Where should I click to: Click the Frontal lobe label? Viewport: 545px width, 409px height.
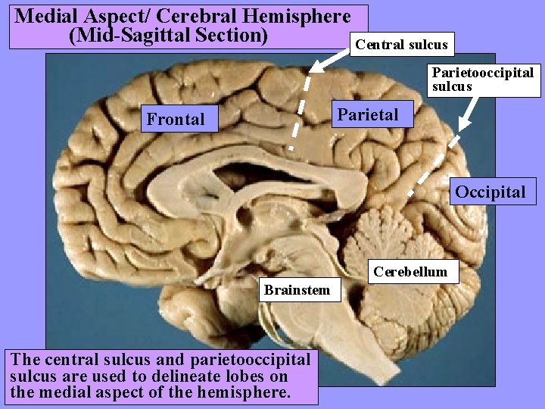[x=176, y=119]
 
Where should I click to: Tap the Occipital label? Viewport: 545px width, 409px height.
[x=490, y=191]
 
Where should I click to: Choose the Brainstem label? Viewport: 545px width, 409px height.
[x=297, y=289]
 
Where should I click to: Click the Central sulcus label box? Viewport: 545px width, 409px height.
[x=402, y=45]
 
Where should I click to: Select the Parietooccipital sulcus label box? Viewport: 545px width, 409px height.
[x=482, y=80]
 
